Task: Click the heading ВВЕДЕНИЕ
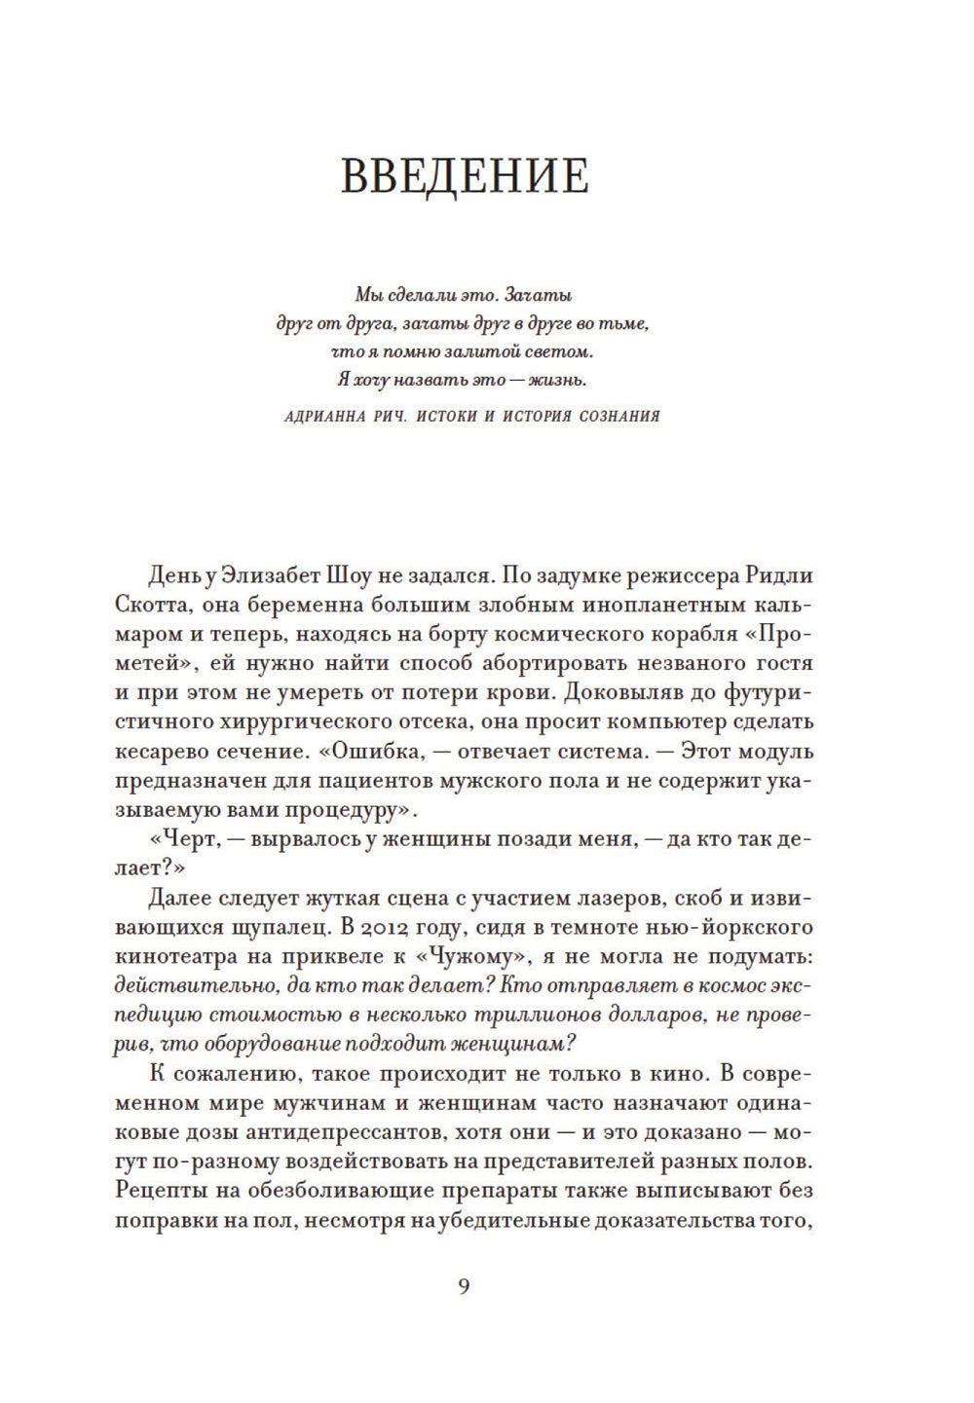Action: pos(465,176)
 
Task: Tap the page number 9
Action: pos(464,1286)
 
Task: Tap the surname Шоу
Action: pos(354,575)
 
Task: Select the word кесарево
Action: pos(162,751)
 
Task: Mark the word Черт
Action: pos(185,838)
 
